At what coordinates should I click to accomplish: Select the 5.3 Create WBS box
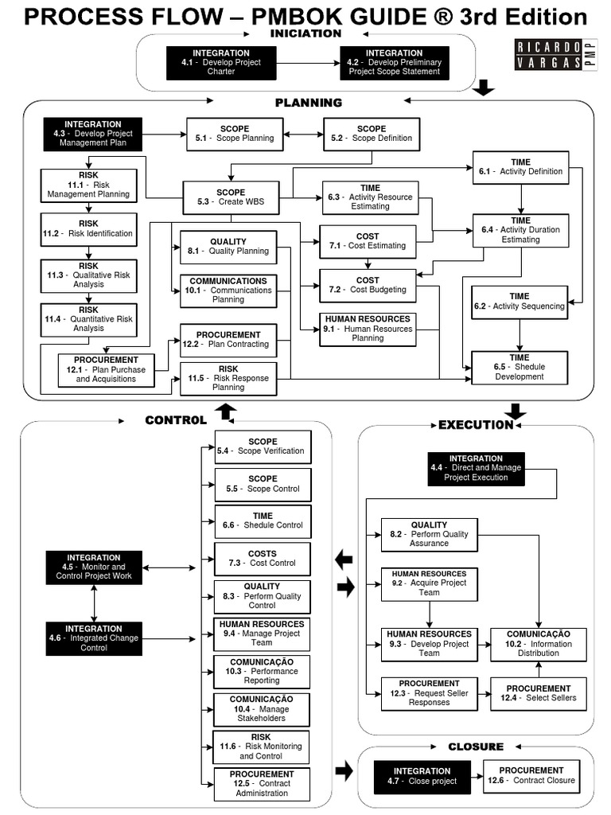point(231,197)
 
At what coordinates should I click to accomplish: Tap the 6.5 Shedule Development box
point(520,368)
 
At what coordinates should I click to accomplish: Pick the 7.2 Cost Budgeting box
point(368,285)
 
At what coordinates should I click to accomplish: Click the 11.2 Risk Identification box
point(89,229)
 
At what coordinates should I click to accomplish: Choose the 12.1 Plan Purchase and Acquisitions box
point(106,370)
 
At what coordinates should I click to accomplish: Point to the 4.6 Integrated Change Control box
point(94,638)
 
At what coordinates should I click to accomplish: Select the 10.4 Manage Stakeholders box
point(262,709)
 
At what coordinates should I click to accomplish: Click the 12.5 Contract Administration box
point(262,784)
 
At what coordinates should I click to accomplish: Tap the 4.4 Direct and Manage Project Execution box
point(476,469)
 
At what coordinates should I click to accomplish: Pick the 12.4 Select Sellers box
point(539,693)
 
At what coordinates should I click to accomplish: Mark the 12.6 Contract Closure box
point(532,776)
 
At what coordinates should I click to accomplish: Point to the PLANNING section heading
point(309,102)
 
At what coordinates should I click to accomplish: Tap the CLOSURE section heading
point(476,747)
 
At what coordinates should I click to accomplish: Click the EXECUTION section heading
point(476,425)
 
